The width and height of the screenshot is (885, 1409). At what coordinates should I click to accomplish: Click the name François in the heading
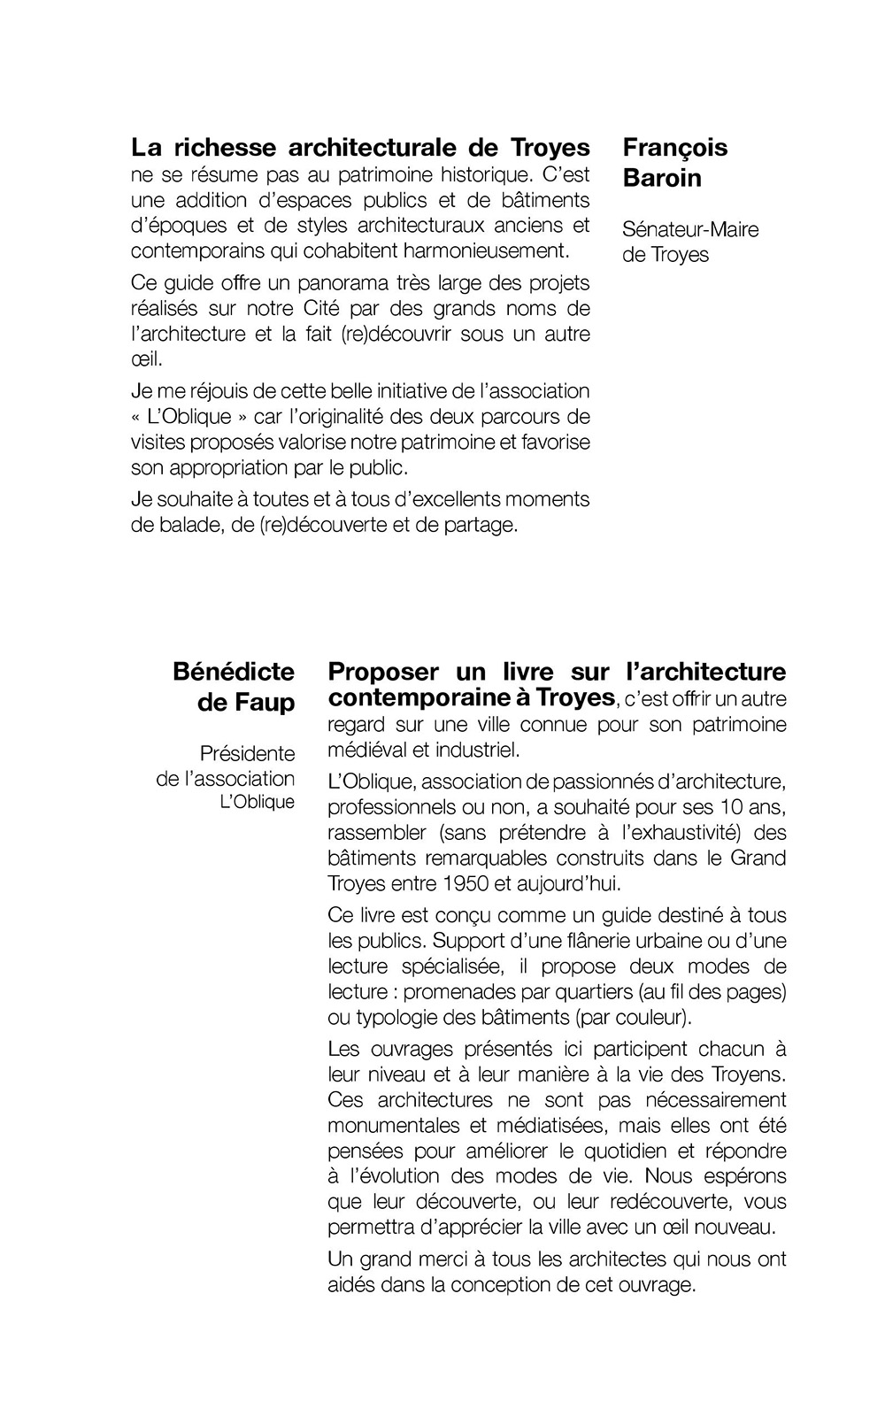click(x=675, y=147)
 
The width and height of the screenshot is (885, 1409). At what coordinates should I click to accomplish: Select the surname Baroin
click(x=662, y=178)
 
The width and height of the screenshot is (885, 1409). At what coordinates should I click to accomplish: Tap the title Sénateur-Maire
click(x=690, y=230)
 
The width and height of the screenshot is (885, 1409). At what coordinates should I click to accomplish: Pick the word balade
click(x=187, y=525)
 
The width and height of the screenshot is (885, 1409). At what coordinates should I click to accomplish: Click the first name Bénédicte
click(x=234, y=671)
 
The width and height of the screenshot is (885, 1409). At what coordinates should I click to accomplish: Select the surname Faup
click(x=263, y=703)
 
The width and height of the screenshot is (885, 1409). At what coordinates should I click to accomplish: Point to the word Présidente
click(x=247, y=754)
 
